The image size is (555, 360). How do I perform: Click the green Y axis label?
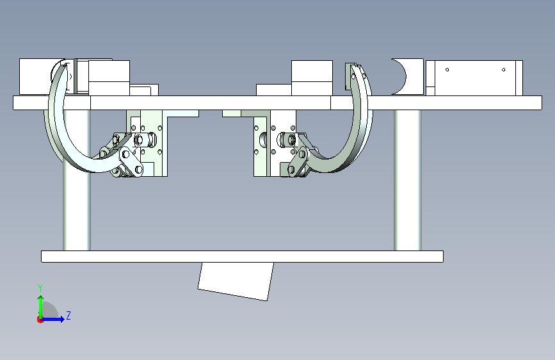click(x=40, y=288)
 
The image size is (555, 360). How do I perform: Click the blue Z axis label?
click(x=68, y=315)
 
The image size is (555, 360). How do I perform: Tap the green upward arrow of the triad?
click(x=41, y=307)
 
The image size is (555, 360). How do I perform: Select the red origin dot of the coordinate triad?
click(x=40, y=320)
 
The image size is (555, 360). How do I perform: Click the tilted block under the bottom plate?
click(x=236, y=281)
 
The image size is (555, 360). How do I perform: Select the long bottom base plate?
click(x=242, y=256)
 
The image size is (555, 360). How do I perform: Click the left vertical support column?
click(x=77, y=180)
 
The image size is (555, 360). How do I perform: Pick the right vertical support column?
click(x=407, y=180)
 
